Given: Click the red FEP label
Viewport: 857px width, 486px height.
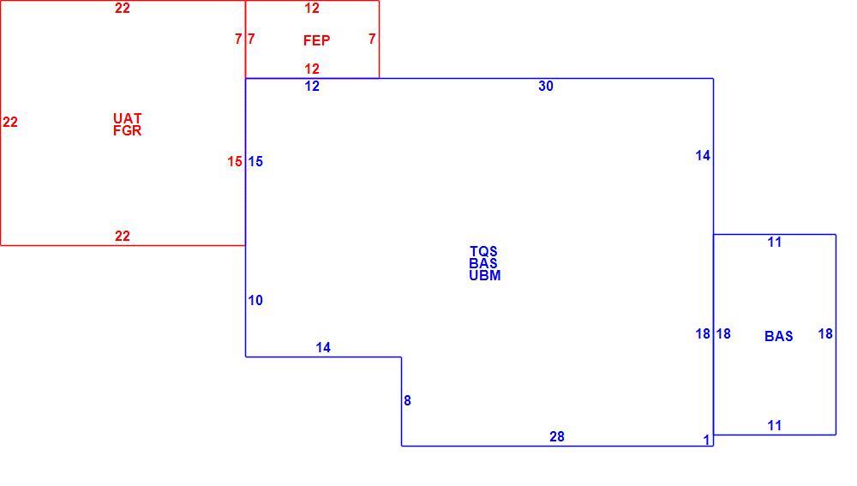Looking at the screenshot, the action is tap(316, 40).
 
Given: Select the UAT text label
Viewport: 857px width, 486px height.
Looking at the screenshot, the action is tap(128, 118).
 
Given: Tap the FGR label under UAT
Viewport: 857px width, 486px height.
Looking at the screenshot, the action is tap(128, 130).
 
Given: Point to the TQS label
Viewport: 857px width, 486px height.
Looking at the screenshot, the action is tap(483, 251).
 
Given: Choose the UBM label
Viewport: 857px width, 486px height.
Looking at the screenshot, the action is tap(485, 275).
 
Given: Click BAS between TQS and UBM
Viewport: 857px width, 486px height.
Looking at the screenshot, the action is tap(483, 263).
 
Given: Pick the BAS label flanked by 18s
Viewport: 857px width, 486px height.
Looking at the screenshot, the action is tap(779, 336).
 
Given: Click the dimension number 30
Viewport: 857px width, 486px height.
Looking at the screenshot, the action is tap(546, 86).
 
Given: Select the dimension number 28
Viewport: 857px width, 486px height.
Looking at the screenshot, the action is tap(557, 436).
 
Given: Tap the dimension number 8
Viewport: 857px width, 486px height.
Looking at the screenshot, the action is tap(407, 401).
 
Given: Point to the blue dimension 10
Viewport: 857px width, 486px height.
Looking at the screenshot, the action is tap(255, 300).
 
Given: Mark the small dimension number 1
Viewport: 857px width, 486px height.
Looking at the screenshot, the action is tap(706, 440).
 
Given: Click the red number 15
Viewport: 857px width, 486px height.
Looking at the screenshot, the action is tap(235, 162).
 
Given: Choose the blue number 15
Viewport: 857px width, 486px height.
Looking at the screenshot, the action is tap(255, 162).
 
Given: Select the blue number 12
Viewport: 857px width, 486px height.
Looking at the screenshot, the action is tap(312, 86).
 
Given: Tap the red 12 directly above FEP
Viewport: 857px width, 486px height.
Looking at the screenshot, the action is tap(312, 9).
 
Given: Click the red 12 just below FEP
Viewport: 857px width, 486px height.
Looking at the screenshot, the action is tap(312, 69).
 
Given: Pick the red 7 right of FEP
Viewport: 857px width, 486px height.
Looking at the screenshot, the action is tap(372, 39).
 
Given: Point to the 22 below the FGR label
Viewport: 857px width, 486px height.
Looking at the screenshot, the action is tap(123, 237).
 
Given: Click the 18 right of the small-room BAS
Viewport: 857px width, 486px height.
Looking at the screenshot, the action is tap(825, 333).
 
